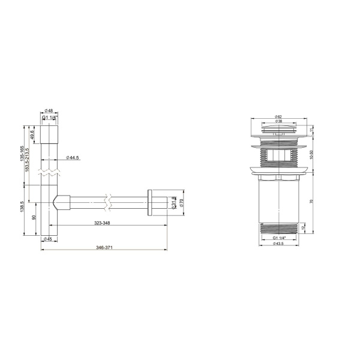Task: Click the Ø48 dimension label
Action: click(49, 111)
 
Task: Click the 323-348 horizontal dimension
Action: click(102, 223)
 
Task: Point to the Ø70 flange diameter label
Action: click(180, 203)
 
